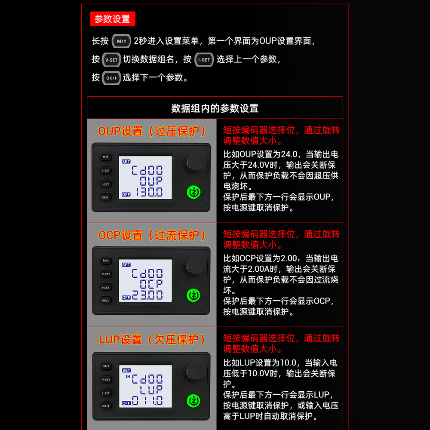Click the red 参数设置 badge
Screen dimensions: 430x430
pos(112,18)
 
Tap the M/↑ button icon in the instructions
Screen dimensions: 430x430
pos(121,41)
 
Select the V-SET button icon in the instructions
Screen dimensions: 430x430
pos(111,59)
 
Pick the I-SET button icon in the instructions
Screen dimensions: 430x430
pos(204,59)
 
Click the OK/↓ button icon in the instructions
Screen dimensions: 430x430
pos(111,78)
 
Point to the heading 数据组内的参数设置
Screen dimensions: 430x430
pos(215,108)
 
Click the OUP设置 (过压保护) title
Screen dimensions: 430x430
pos(152,131)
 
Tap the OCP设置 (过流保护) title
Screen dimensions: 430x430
pos(152,235)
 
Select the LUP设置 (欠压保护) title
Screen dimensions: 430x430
pos(152,340)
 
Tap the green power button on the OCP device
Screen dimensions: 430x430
pos(193,295)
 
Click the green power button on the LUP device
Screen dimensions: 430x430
pos(193,401)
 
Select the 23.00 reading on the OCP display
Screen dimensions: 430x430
pos(147,295)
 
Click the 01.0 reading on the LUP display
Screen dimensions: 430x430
pos(147,401)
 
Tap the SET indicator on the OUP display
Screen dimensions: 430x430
pos(126,162)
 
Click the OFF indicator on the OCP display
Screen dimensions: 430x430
pos(126,298)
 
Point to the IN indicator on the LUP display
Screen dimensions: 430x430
pos(128,377)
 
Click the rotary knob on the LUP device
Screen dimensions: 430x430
pos(196,371)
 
